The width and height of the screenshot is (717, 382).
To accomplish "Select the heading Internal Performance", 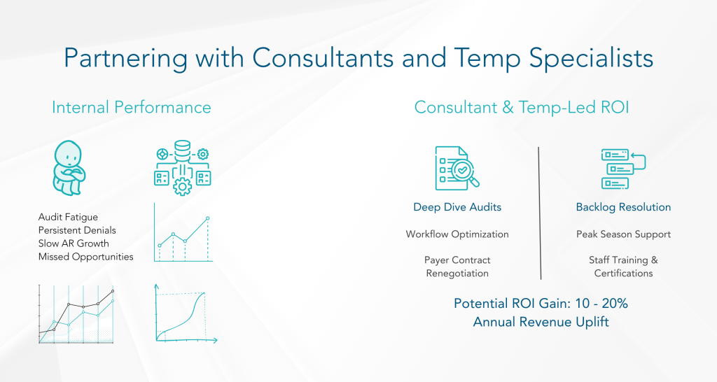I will (131, 107).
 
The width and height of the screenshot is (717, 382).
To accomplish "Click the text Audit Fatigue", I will (69, 218).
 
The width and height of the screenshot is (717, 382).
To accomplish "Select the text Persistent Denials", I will (77, 230).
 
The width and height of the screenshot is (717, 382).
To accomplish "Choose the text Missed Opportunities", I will (85, 257).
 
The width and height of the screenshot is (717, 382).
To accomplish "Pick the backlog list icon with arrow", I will (622, 169).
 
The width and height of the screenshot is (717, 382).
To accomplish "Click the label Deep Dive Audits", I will (457, 207).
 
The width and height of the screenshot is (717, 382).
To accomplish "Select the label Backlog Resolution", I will (623, 207).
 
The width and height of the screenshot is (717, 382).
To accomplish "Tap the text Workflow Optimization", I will (457, 234).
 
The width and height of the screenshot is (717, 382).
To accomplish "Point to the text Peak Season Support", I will (623, 234).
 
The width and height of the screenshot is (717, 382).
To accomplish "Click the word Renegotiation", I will (457, 273).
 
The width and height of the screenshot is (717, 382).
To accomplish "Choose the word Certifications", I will (623, 273).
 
